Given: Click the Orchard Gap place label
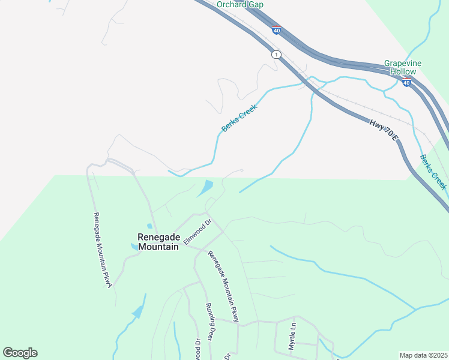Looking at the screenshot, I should coord(240,4).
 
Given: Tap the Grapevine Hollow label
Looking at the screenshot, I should coord(403,67).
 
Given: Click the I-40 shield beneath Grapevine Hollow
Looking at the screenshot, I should coord(407,83).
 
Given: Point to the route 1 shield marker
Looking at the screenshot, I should coord(276,55).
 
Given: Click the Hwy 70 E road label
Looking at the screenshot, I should coord(384,130).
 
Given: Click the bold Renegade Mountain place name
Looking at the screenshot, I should coord(158,242).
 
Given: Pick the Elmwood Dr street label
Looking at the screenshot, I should coord(199,232).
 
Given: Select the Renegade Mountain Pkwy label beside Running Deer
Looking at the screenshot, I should coord(223,287).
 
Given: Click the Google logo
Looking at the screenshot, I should coord(20,353).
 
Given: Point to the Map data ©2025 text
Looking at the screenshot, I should coord(423,355).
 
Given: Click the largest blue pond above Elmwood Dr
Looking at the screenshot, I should coord(205,188).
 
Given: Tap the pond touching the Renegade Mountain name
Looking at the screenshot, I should coord(133,246).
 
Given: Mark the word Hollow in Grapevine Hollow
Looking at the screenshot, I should coord(403,71).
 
